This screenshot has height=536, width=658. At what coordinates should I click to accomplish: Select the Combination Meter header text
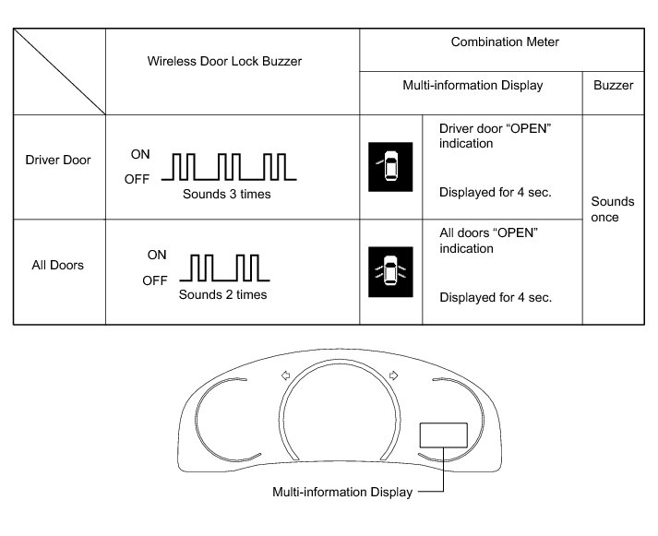click(x=505, y=42)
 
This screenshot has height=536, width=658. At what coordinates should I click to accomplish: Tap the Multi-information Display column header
click(x=473, y=85)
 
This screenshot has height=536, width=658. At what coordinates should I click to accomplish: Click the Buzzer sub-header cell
click(x=614, y=85)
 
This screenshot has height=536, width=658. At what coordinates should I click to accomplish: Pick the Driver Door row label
click(x=57, y=160)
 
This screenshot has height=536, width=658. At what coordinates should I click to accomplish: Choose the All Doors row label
click(x=57, y=265)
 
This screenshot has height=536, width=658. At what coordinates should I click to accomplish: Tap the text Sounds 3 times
click(x=226, y=195)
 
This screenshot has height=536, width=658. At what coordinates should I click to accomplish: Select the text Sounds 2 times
click(x=222, y=295)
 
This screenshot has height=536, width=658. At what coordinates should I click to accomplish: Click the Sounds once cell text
click(x=613, y=209)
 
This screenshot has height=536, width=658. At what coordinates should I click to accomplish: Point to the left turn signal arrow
click(x=285, y=375)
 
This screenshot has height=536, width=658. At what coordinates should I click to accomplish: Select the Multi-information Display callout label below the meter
click(x=341, y=492)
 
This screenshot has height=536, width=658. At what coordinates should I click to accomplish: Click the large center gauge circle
click(x=339, y=424)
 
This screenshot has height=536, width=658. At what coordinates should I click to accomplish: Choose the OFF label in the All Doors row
click(x=155, y=280)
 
